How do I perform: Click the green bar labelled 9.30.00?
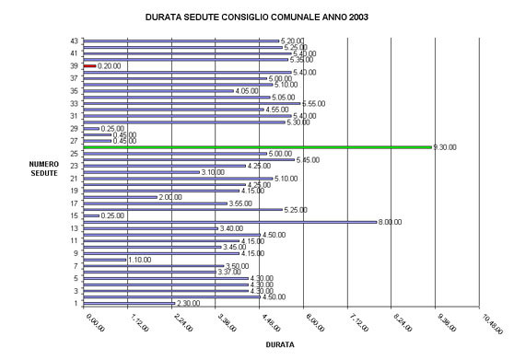click(x=258, y=146)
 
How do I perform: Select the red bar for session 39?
click(x=89, y=66)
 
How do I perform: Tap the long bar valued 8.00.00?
click(x=229, y=222)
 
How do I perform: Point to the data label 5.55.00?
click(x=316, y=104)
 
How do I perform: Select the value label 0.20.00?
click(x=111, y=66)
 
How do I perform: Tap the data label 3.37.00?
click(x=229, y=272)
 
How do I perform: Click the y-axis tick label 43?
click(x=73, y=41)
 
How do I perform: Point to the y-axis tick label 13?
click(x=73, y=227)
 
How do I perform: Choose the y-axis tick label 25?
click(x=73, y=153)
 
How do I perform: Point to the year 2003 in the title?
click(x=351, y=17)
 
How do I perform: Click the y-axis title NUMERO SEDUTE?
click(x=42, y=169)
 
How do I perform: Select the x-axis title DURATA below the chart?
click(x=280, y=344)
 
